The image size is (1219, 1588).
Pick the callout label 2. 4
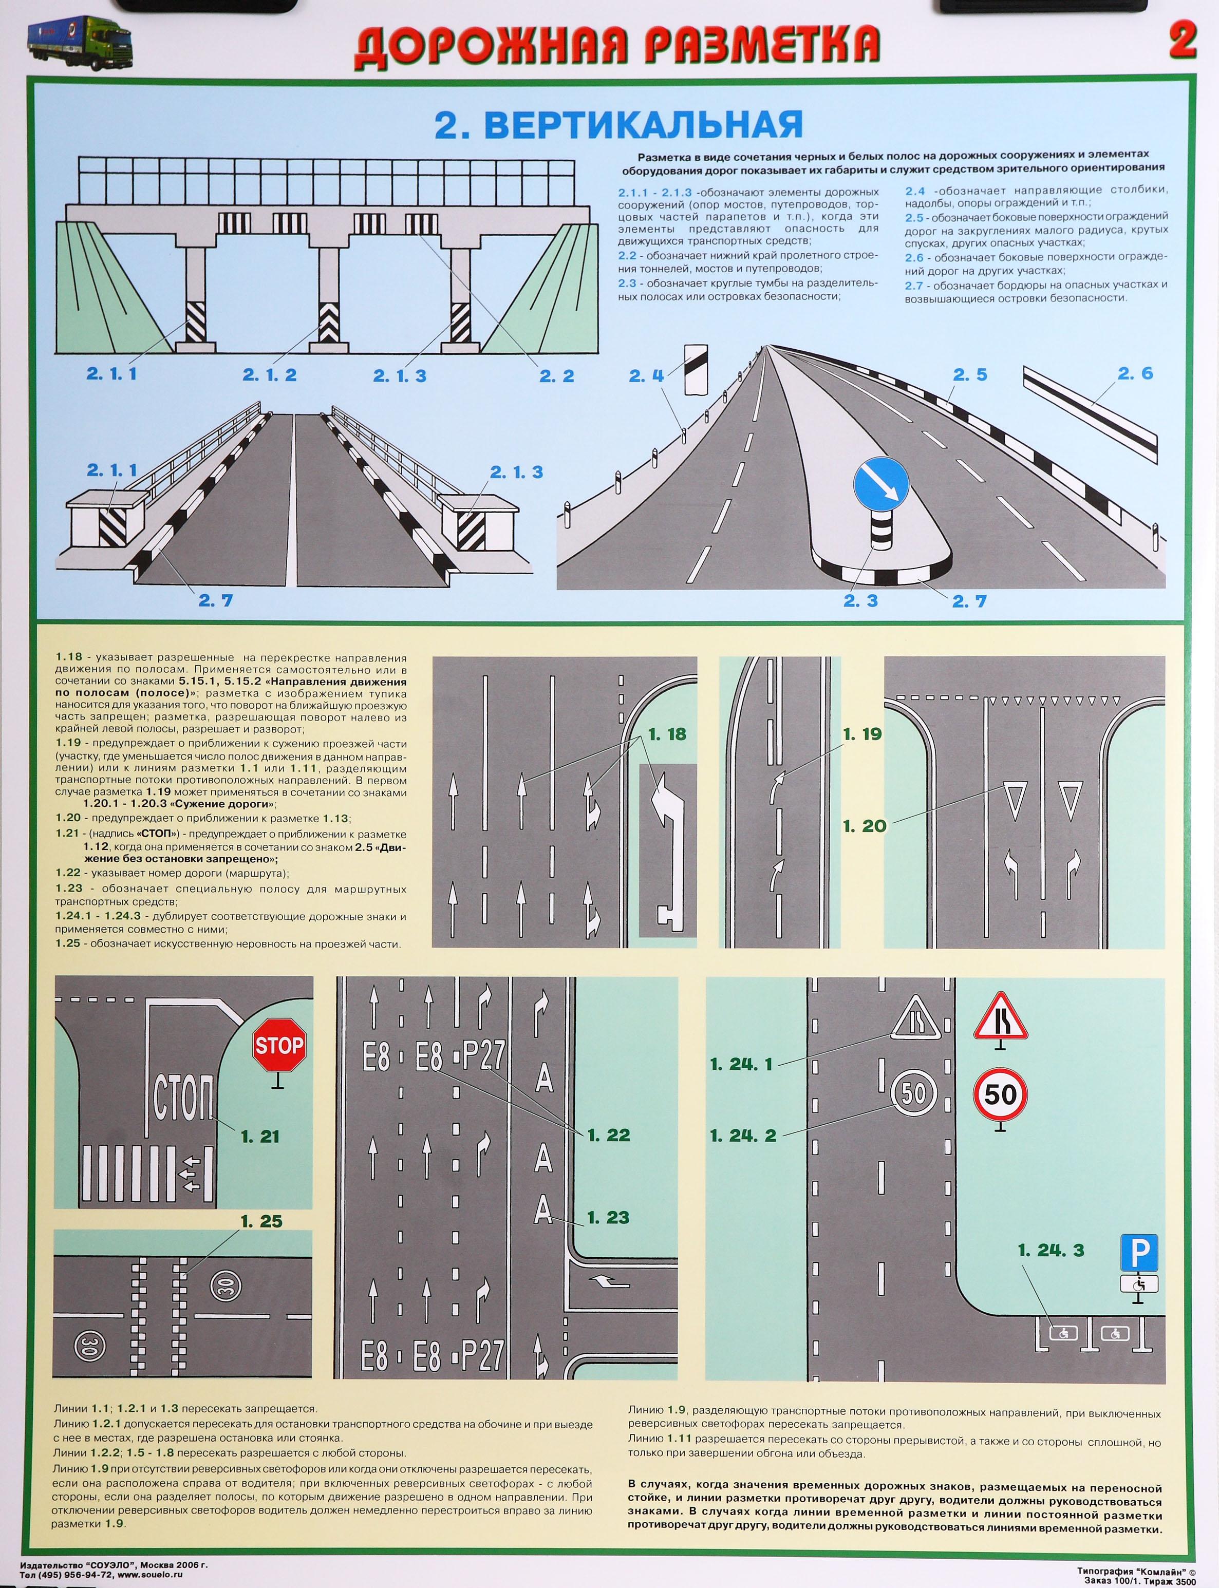(647, 376)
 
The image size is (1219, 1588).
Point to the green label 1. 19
(861, 734)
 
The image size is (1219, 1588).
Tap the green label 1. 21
(260, 1136)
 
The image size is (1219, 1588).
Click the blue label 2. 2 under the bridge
(556, 376)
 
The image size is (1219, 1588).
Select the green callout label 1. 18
(666, 734)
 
